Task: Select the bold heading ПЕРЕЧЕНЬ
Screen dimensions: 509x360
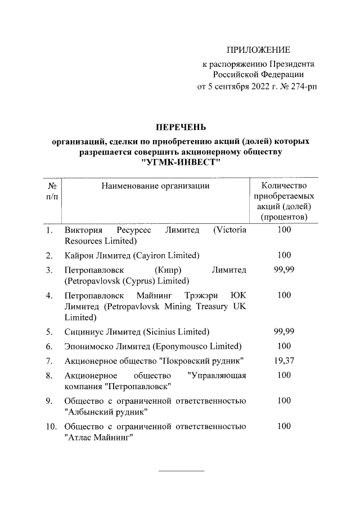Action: (179, 127)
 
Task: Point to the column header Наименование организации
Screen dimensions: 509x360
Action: (155, 185)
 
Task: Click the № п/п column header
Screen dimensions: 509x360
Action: (51, 190)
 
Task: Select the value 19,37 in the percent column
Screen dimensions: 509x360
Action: (284, 360)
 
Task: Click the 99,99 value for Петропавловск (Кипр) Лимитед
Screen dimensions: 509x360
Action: (284, 271)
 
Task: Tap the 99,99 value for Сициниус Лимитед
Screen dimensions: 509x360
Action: (284, 331)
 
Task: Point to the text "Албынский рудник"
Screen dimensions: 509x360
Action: (106, 411)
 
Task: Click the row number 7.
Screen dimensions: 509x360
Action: (49, 360)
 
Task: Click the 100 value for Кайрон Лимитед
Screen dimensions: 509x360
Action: (284, 255)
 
